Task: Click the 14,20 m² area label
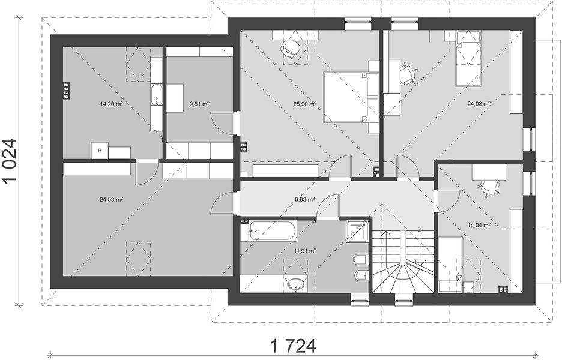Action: (112, 104)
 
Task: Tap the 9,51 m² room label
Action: (199, 104)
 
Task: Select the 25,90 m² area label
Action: (304, 104)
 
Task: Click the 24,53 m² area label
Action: (112, 200)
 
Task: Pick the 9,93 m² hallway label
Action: (304, 199)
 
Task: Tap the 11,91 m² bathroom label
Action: (304, 251)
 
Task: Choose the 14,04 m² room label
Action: (479, 226)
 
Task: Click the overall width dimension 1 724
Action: (293, 346)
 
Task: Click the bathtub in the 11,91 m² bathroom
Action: (273, 230)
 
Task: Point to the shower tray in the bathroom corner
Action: (357, 232)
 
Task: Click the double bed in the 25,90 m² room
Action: (346, 97)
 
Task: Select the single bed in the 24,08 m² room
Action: (468, 59)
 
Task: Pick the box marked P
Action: (100, 151)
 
